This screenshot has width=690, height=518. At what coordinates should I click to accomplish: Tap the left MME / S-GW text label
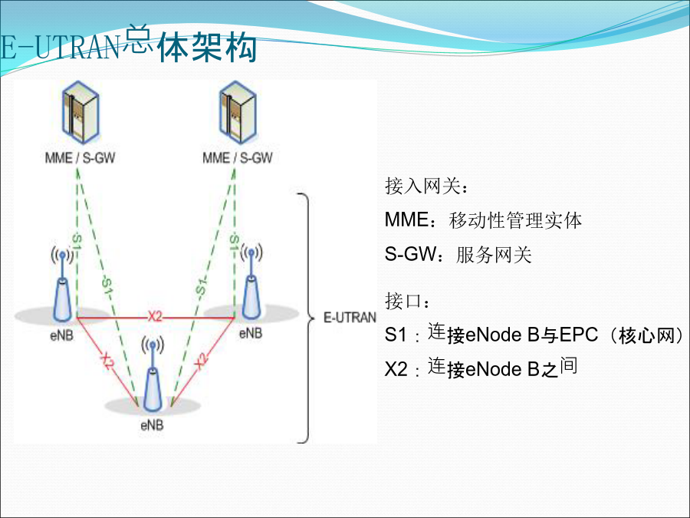coord(80,157)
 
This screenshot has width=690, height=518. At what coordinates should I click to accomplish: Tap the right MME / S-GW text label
coord(238,157)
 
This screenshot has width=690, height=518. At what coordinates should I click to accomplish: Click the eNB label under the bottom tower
coord(153,425)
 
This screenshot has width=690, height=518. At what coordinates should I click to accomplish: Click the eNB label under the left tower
coord(62,335)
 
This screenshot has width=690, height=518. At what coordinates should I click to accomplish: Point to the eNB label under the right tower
coord(251,334)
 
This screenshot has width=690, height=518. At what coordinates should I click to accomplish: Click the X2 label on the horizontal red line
coord(155,316)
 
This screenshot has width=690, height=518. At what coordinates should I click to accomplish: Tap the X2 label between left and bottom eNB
coord(107,361)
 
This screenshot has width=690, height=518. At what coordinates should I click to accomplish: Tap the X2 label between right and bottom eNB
coord(201,361)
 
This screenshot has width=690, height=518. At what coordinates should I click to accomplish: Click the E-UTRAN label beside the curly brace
coord(350,318)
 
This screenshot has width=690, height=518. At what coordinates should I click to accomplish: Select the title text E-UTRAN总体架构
coord(129,44)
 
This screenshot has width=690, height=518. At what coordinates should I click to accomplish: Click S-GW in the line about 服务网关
coord(410,254)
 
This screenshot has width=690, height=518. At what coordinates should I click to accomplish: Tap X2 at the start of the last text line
coord(396,369)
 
